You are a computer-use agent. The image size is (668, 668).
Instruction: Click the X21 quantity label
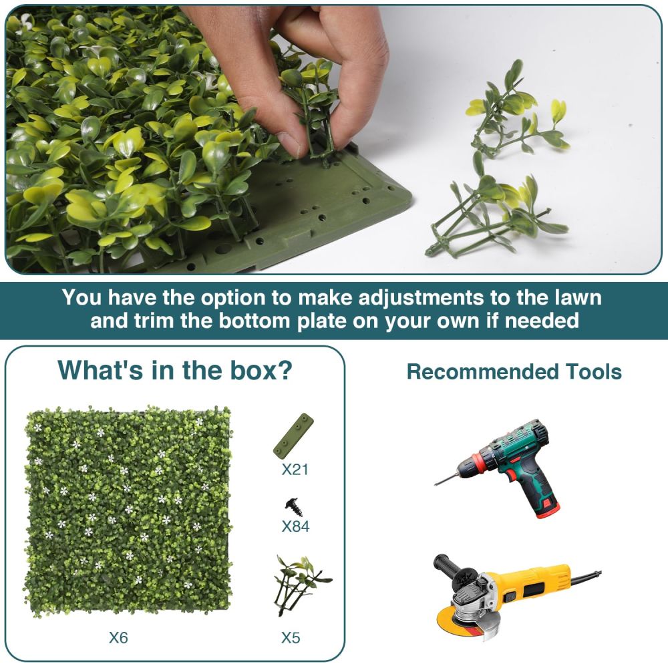[x=295, y=469]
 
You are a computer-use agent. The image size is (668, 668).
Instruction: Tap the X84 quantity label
[x=296, y=526]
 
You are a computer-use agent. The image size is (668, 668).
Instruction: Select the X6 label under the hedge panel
[x=118, y=637]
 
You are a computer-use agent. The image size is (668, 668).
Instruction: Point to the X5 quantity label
[x=291, y=637]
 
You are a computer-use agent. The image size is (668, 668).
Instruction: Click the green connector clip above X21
[x=293, y=435]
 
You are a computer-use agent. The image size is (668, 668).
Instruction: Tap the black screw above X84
[x=295, y=508]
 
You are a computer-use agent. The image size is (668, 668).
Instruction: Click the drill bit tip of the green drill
[x=436, y=484]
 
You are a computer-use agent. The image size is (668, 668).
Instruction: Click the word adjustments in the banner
[x=421, y=298]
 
